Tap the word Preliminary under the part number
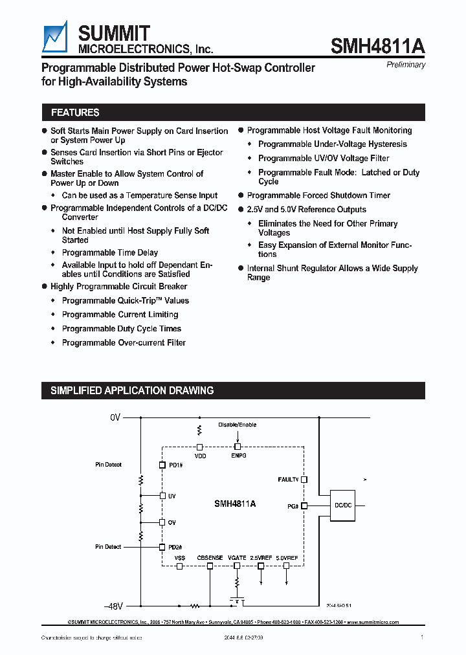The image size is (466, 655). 406,65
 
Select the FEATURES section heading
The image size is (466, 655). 75,113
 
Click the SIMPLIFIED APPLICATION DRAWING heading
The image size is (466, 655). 132,390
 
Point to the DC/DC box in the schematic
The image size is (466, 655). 343,505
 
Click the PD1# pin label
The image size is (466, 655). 175,465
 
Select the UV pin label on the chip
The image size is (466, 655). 172,496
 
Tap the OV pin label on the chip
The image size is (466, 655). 172,522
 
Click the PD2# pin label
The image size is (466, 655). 175,547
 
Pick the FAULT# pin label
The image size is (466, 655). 288,480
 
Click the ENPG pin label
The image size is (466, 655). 238,456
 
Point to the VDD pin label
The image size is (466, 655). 200,456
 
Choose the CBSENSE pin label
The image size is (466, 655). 210,557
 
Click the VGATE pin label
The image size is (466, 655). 237,557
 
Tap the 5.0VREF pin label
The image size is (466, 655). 287,557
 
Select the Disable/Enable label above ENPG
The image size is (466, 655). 238,425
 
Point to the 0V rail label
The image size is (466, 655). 115,418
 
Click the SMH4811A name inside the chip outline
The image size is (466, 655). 234,503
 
